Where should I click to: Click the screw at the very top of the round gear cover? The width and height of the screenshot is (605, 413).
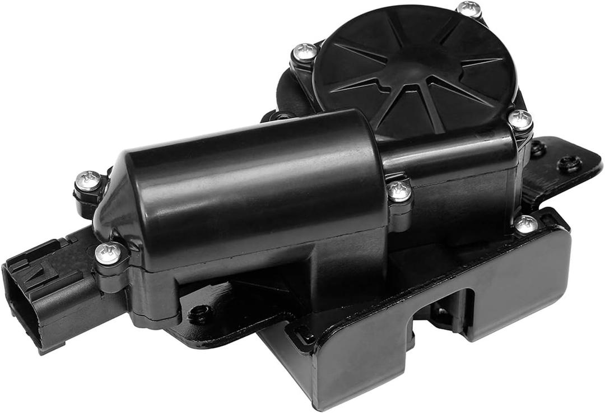tap(469, 8)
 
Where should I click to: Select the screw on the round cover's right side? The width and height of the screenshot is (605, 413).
tap(520, 119)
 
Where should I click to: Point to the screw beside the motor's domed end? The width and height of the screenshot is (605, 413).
tap(89, 180)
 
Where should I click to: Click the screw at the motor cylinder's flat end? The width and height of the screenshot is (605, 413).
tap(399, 191)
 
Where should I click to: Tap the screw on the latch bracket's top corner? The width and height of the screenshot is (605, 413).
tap(525, 224)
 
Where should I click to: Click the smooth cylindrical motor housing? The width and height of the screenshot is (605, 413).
tap(252, 179)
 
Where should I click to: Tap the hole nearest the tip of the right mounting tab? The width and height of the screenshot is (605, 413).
tap(569, 164)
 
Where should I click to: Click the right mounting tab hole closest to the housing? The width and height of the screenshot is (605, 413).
tap(538, 149)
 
